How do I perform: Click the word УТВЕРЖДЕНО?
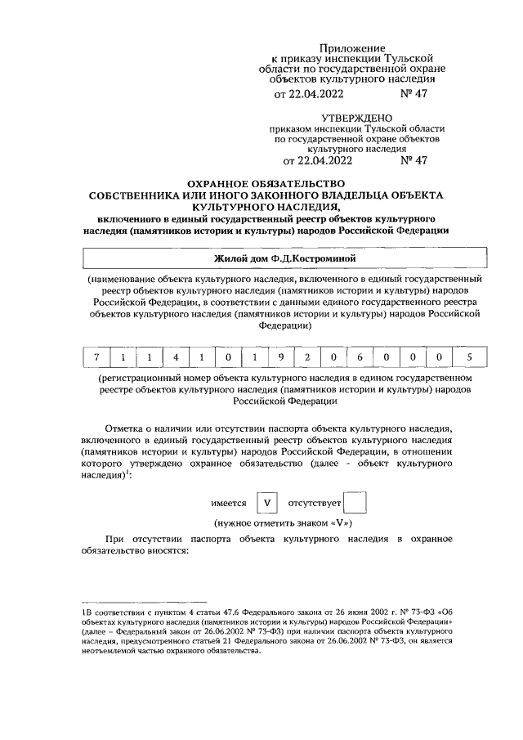(356, 119)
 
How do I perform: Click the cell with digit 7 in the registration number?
(96, 357)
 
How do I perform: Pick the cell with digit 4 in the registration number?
(176, 357)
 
